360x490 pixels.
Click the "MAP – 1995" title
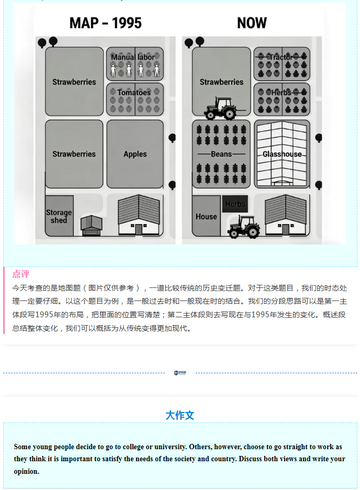105,23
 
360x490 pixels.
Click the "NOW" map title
252,23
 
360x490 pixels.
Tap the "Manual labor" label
133,57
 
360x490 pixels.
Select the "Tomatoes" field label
134,93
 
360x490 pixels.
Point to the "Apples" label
135,154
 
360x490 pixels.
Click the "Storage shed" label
59,216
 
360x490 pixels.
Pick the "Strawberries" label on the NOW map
221,82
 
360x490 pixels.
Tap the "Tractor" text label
281,57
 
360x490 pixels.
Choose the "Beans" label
221,154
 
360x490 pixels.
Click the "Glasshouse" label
282,154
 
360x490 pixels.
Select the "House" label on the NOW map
206,216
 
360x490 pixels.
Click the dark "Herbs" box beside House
235,204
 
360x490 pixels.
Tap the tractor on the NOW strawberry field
220,108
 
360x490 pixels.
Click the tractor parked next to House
244,227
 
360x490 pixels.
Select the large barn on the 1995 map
139,215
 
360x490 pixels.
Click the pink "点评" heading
21,274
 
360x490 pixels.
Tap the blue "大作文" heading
180,415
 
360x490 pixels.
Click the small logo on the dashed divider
180,373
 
